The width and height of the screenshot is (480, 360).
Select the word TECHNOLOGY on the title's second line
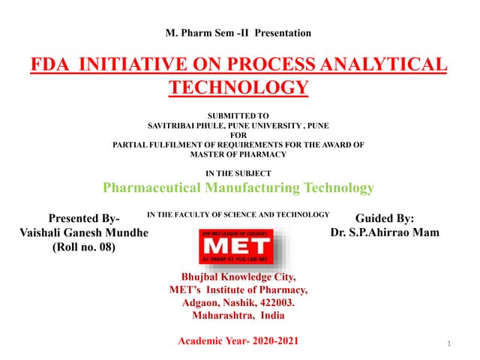[x=238, y=88]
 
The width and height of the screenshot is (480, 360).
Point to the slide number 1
[x=447, y=344]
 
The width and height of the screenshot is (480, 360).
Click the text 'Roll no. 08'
[x=84, y=247]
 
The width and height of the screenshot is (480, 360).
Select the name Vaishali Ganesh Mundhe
[x=84, y=232]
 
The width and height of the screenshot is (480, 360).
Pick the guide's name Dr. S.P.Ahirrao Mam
[x=385, y=232]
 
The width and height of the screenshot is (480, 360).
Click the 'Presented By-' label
[x=83, y=218]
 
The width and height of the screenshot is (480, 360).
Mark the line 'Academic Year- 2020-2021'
[x=238, y=341]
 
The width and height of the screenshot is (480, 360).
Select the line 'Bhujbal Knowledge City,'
[x=238, y=276]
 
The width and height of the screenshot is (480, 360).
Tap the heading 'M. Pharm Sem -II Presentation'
[x=237, y=33]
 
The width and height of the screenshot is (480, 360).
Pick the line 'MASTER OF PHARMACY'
[x=238, y=154]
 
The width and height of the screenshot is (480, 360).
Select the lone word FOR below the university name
[x=238, y=135]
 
